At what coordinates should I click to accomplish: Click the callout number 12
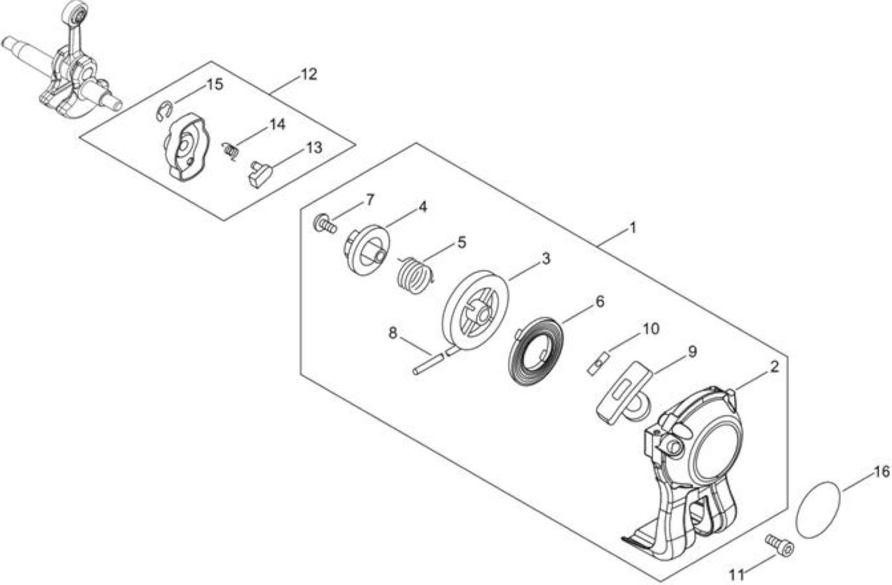coord(309,74)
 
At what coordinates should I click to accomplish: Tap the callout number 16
coord(882,472)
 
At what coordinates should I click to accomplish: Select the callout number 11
coord(737,575)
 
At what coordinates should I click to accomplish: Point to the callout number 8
coord(393,333)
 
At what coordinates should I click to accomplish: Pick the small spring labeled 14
coord(231,151)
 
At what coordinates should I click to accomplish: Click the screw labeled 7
coord(325,225)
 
